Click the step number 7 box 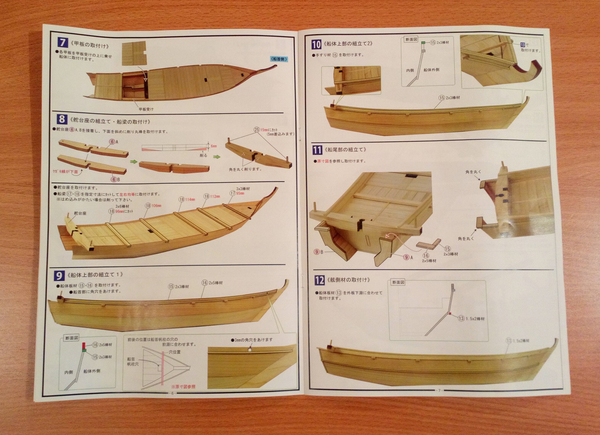tap(63, 42)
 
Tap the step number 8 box tap(62, 119)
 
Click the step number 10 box tap(316, 44)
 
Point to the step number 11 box tap(317, 150)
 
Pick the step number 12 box tap(319, 280)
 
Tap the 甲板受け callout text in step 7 tap(146, 109)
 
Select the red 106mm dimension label tap(156, 206)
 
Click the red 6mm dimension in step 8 tap(214, 146)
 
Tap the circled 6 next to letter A tap(112, 142)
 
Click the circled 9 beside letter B tap(317, 252)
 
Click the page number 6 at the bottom tap(173, 393)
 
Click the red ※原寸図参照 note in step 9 tap(183, 386)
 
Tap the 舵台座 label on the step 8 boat tap(80, 213)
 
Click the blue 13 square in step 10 tap(522, 45)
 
